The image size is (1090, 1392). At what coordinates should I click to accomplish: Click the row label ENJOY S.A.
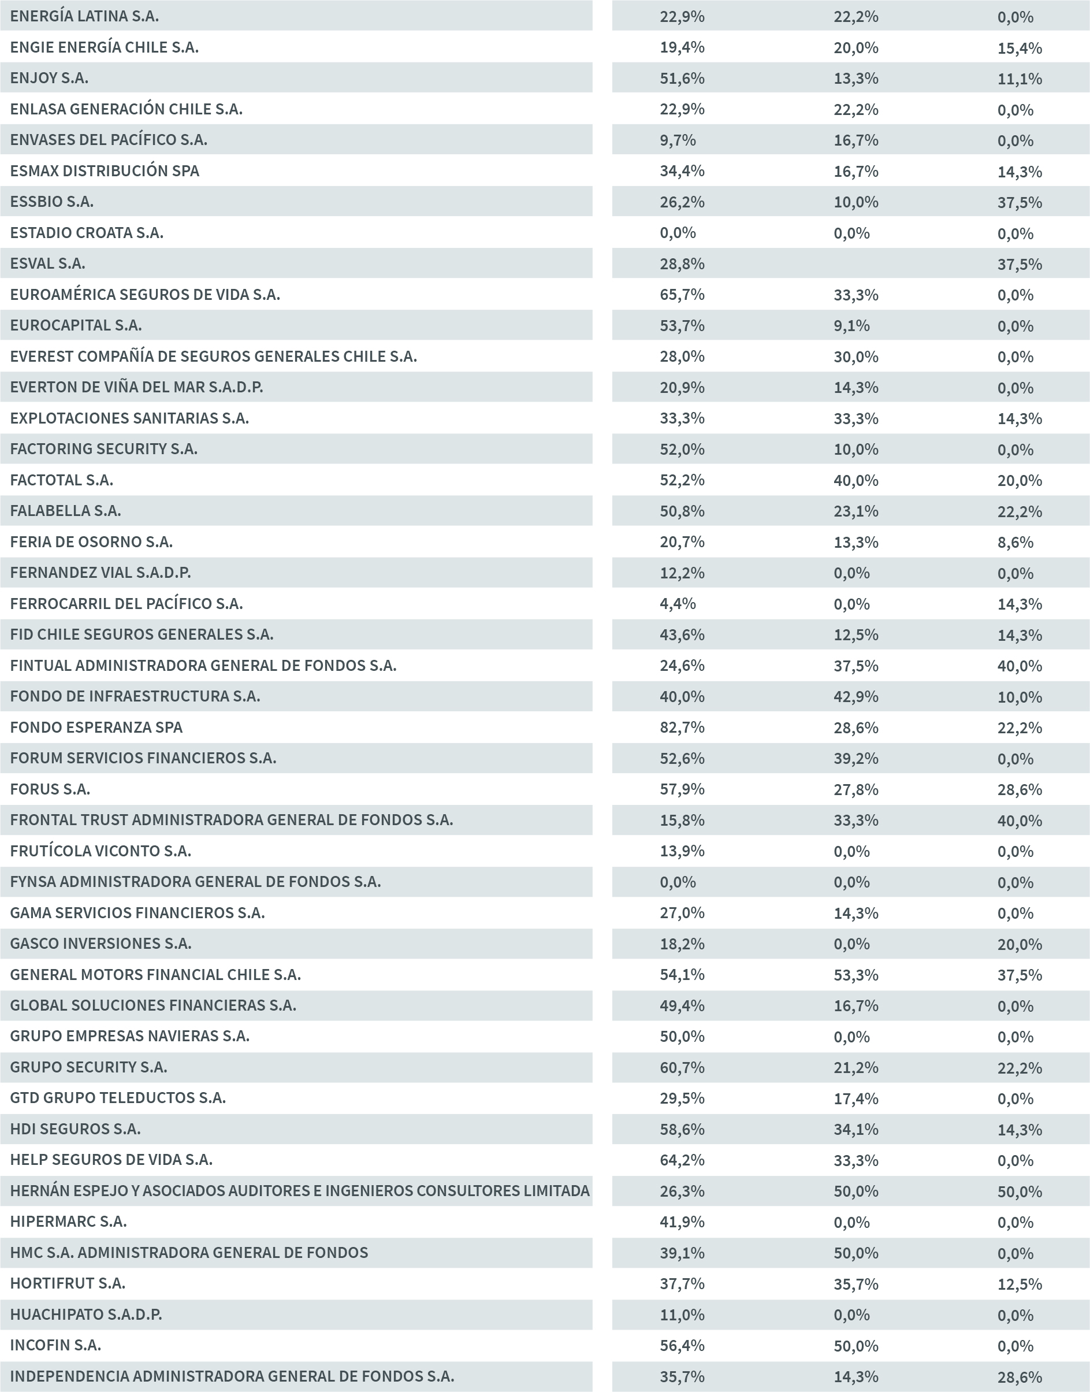point(49,78)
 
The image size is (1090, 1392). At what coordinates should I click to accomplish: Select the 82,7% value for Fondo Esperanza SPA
point(682,727)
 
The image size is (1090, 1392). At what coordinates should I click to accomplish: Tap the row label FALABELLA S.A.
point(65,511)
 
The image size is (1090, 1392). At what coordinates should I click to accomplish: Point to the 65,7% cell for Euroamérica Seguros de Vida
point(682,295)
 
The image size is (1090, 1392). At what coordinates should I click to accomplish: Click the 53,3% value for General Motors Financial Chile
point(855,975)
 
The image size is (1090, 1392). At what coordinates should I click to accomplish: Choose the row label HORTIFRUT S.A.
point(68,1283)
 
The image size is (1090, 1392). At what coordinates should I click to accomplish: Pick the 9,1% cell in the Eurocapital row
point(851,325)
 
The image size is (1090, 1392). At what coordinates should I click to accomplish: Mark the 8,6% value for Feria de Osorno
point(1015,543)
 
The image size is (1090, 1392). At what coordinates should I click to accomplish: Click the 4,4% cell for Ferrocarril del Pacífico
point(677,604)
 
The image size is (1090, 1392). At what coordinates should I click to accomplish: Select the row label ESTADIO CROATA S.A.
point(87,233)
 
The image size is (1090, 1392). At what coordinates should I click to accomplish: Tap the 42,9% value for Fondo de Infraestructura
point(855,697)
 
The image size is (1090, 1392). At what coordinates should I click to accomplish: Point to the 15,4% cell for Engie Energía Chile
point(1019,48)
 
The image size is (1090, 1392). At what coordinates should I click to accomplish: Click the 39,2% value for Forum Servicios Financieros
point(855,759)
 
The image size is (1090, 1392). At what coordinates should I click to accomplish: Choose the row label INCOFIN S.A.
point(55,1345)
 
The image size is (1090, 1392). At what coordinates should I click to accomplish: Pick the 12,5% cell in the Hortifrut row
point(1019,1284)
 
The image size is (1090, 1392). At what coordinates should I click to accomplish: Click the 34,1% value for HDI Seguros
point(855,1130)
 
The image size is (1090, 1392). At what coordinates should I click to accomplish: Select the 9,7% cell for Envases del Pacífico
point(677,140)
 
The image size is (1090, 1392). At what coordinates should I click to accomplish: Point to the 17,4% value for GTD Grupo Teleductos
point(855,1098)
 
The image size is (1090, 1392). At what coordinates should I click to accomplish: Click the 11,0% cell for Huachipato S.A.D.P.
point(682,1315)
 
